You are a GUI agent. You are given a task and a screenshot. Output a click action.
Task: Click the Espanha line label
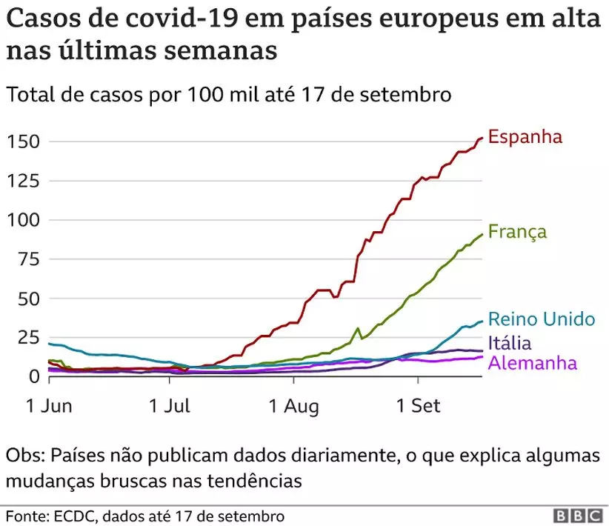click(525, 137)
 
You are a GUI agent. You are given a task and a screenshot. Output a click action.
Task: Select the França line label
click(517, 232)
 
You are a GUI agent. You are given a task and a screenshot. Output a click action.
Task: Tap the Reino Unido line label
click(541, 319)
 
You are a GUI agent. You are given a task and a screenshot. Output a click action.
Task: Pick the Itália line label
click(511, 343)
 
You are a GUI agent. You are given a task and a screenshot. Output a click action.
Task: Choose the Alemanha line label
click(532, 363)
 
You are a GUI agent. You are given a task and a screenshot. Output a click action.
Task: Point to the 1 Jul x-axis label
click(169, 406)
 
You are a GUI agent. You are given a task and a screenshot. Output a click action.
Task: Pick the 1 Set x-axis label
click(418, 406)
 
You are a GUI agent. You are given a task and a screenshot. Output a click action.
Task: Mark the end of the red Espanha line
click(482, 138)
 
